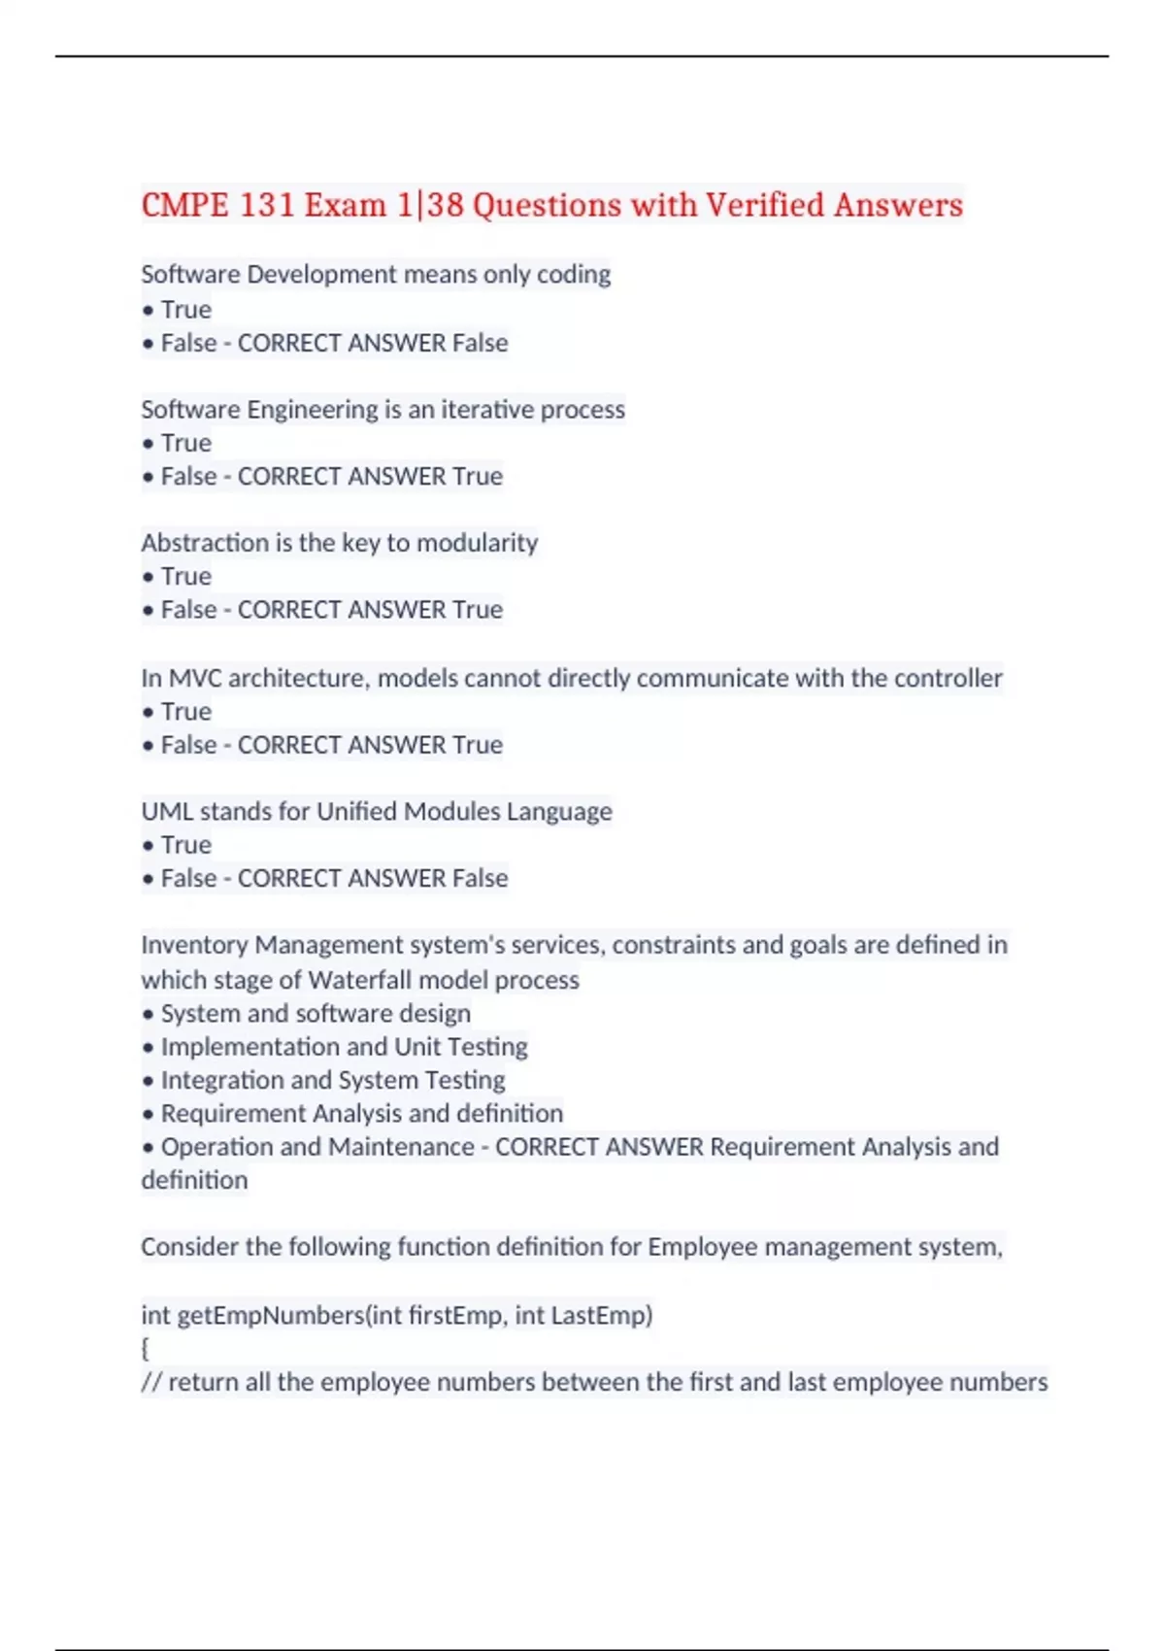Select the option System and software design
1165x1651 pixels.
coord(316,1013)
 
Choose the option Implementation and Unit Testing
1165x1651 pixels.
coord(344,1047)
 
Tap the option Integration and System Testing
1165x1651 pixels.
coord(333,1080)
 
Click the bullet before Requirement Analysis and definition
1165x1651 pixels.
coord(148,1114)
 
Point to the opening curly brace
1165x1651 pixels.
coord(146,1349)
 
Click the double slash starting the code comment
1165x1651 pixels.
coord(151,1382)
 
